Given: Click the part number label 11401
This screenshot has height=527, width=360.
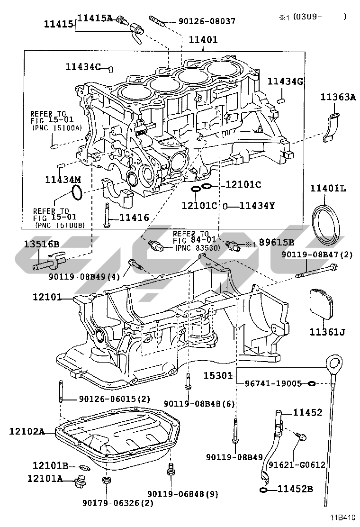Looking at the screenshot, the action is [203, 40].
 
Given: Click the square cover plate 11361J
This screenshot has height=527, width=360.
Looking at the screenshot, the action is [321, 303].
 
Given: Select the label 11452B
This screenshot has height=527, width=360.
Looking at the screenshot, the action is [295, 489].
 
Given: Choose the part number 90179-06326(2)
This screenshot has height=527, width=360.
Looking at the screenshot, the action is [118, 503].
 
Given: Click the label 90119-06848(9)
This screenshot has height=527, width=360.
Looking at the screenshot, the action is [183, 494].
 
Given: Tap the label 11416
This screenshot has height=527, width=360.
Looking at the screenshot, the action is [135, 218].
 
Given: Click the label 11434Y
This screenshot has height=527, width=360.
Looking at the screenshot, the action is [257, 205].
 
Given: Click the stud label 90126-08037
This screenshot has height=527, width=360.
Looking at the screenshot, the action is [207, 21].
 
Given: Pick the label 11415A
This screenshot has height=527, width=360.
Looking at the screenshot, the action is [95, 18].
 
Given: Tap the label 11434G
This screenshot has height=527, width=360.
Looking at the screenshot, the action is [286, 81].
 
